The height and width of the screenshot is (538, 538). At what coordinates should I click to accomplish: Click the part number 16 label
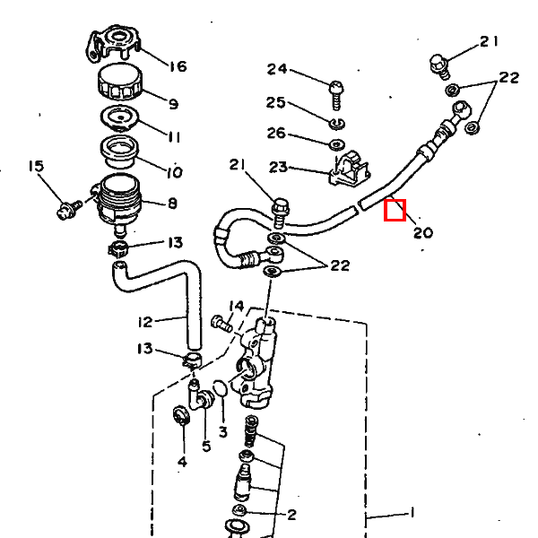178,66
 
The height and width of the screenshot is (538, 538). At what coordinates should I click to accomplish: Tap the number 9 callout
174,104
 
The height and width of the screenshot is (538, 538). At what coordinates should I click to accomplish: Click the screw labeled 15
69,210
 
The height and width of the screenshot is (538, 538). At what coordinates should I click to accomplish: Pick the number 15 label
37,166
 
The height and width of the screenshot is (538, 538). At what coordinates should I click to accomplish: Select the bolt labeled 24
336,95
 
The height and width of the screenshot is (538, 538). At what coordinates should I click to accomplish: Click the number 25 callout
276,102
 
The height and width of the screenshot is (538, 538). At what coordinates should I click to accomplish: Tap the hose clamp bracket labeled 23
350,169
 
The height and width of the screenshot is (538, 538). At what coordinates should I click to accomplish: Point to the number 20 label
423,233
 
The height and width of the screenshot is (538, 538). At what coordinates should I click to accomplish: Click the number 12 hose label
144,322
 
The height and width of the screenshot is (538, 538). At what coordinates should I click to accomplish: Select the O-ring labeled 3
220,388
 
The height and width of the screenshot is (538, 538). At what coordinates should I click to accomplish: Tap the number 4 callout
183,462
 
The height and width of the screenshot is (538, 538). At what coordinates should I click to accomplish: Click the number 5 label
206,446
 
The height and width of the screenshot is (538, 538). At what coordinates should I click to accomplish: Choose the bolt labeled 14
221,324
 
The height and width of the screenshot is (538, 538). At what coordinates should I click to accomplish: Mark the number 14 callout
237,306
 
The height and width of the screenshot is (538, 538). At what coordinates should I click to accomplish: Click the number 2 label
291,515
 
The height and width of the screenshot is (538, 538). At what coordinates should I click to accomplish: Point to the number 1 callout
412,513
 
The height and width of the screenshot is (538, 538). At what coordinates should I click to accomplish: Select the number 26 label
276,133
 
